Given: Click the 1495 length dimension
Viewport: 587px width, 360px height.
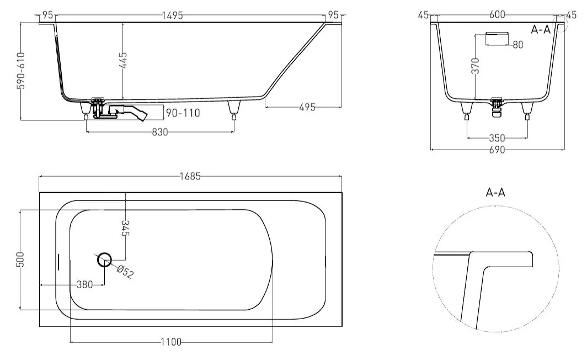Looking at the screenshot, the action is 172,15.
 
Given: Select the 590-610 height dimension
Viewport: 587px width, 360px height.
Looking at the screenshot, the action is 22,71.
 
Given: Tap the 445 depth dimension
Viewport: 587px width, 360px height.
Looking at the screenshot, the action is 123,60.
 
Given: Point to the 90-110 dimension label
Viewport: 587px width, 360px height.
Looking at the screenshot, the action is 183,113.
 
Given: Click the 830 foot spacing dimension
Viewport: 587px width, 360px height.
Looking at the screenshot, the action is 160,132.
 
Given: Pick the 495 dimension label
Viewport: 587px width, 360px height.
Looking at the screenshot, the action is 307,107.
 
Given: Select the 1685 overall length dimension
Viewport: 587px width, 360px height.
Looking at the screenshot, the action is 190,176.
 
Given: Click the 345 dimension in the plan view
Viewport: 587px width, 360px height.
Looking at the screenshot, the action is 125,228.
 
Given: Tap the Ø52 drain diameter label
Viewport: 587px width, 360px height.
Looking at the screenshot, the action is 125,272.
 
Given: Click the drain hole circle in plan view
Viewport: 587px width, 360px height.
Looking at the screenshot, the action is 104,259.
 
